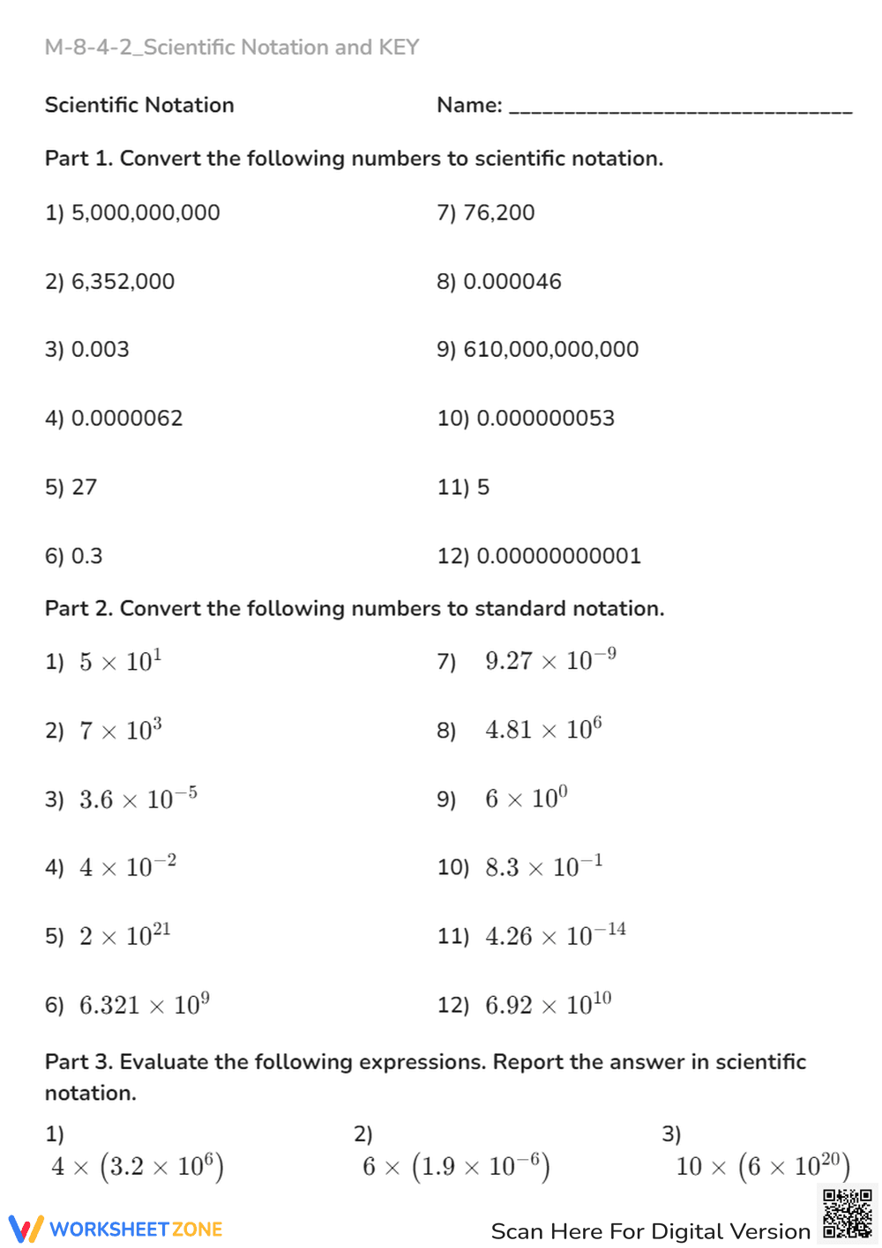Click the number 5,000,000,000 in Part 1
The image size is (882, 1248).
pyautogui.click(x=146, y=213)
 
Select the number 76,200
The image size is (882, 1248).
pyautogui.click(x=498, y=213)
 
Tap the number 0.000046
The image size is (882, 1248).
pyautogui.click(x=512, y=282)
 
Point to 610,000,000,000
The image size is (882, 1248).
pyautogui.click(x=550, y=350)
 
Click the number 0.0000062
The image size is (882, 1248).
pyautogui.click(x=127, y=419)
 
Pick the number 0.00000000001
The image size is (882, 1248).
pyautogui.click(x=558, y=556)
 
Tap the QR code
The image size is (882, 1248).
pyautogui.click(x=848, y=1214)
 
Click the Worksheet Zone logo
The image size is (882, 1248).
pyautogui.click(x=116, y=1229)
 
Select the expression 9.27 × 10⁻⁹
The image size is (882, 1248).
pyautogui.click(x=550, y=660)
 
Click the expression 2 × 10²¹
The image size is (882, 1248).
pyautogui.click(x=124, y=935)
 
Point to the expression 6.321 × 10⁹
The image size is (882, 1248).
pyautogui.click(x=144, y=1004)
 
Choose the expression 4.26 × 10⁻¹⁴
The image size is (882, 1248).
pyautogui.click(x=555, y=935)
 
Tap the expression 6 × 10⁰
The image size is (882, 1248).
pyautogui.click(x=526, y=799)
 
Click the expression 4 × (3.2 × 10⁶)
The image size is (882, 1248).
pyautogui.click(x=138, y=1166)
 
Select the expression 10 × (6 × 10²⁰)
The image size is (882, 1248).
pyautogui.click(x=763, y=1166)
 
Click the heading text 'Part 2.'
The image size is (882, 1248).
pyautogui.click(x=78, y=609)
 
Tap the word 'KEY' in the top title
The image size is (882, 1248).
pyautogui.click(x=399, y=48)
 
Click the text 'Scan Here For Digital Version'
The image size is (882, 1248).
pyautogui.click(x=650, y=1231)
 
